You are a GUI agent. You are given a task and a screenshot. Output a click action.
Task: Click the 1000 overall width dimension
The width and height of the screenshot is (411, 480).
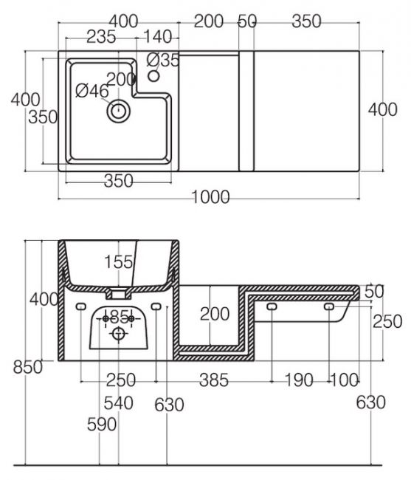(x=210, y=197)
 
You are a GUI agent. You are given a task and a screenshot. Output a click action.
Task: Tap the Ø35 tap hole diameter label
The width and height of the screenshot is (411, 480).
(x=163, y=60)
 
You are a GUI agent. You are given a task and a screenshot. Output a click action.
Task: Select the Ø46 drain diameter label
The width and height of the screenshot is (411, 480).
(x=92, y=91)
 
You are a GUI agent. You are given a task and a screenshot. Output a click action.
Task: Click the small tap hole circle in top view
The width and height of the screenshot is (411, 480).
(x=153, y=75)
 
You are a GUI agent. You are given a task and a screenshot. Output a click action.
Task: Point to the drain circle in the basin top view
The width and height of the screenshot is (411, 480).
(x=118, y=111)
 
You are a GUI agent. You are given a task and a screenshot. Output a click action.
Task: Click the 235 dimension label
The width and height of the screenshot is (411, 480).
(x=101, y=37)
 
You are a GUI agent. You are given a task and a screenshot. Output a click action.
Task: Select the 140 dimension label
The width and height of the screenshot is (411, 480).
(x=157, y=37)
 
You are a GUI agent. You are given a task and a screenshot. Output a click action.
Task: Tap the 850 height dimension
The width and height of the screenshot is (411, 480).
(x=28, y=367)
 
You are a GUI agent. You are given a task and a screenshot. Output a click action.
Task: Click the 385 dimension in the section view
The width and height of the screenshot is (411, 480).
(x=214, y=380)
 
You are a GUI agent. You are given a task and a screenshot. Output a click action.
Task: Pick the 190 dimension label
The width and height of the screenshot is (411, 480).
(x=299, y=380)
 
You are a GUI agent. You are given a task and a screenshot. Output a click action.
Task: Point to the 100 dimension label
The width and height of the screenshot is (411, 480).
(x=344, y=380)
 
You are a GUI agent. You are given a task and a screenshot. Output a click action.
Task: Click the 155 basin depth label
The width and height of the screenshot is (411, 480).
(x=119, y=262)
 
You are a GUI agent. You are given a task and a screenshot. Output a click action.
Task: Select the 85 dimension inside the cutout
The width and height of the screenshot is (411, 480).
(x=119, y=317)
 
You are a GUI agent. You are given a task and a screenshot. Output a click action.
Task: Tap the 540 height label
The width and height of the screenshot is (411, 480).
(x=119, y=403)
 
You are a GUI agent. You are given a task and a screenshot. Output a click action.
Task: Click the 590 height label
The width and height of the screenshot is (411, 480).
(x=102, y=425)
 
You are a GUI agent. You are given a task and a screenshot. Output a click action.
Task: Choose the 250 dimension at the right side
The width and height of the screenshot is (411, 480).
(x=387, y=321)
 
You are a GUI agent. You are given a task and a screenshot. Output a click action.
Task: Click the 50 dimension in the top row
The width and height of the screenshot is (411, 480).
(x=247, y=21)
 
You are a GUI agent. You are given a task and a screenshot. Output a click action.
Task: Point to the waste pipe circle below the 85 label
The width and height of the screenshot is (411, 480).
(x=118, y=333)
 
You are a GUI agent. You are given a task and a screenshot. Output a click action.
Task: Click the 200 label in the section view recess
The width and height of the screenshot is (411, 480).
(x=215, y=314)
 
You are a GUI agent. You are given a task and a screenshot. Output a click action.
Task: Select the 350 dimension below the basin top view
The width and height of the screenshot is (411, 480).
(x=119, y=181)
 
